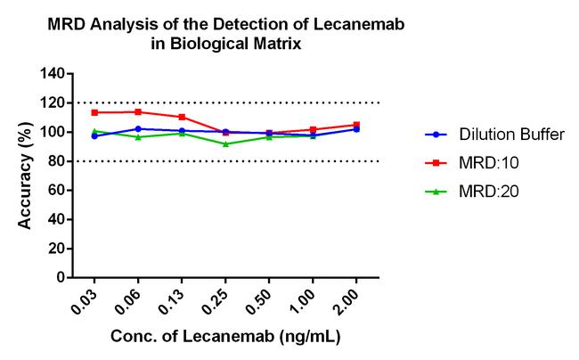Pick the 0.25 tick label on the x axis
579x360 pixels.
tap(220, 299)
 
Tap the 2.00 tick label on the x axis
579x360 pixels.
tap(351, 299)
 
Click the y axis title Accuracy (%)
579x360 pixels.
tap(26, 176)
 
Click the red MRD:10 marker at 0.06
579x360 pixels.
tap(138, 111)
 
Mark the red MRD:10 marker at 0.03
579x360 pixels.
tap(94, 112)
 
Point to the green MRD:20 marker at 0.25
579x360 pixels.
tap(225, 143)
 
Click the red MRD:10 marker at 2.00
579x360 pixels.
tap(356, 125)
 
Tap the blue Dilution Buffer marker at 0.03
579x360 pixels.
tap(94, 136)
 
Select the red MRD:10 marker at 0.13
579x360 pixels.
tap(182, 117)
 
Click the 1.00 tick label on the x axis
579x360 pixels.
tap(307, 299)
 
